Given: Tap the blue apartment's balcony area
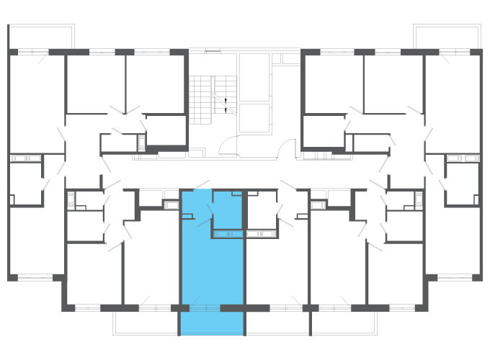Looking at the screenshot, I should tap(212, 323).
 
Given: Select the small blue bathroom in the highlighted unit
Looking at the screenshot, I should tap(228, 210).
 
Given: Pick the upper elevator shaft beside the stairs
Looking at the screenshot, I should tap(254, 76).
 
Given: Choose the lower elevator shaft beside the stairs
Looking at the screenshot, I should tap(254, 117).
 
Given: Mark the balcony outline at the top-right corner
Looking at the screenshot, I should tap(447, 36).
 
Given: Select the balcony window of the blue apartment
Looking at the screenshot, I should tap(204, 308).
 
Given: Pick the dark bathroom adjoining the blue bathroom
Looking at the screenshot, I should tap(261, 210).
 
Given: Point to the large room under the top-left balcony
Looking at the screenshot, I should tap(36, 101).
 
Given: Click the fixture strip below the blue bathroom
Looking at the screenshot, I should tap(228, 233).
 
